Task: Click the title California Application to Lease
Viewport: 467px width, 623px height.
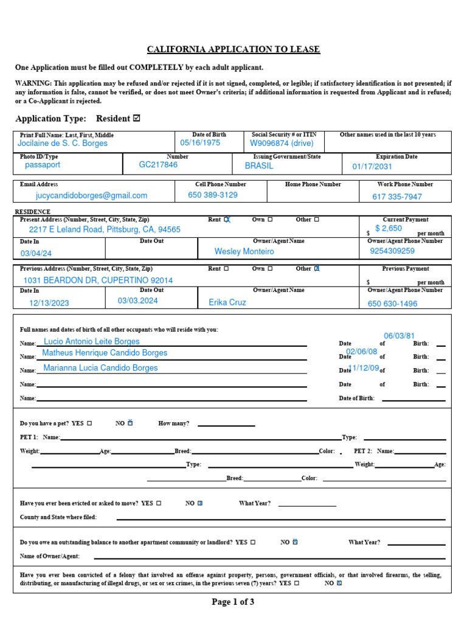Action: pos(233,49)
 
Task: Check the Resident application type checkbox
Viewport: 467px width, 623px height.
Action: pos(136,118)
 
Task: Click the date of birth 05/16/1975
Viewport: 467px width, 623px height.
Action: pos(200,143)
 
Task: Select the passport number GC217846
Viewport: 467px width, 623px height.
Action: pos(158,165)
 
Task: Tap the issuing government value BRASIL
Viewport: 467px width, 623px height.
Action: pos(259,165)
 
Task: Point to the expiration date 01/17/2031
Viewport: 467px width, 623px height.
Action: pos(372,167)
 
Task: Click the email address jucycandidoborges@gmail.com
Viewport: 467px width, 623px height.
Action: pos(91,195)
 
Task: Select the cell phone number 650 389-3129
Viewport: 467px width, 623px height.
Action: pos(213,195)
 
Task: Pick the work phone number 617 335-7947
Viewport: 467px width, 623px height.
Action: pos(396,197)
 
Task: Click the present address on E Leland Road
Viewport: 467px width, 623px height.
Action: pos(105,229)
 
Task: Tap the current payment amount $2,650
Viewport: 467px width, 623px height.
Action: pos(389,229)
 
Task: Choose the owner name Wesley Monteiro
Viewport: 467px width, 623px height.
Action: pos(244,251)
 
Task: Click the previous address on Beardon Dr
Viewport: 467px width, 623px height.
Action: pos(98,280)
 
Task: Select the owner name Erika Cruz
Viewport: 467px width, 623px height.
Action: pos(227,302)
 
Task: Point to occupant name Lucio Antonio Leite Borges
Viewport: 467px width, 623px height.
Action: pos(92,341)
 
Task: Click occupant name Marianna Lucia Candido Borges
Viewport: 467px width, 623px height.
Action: pos(100,367)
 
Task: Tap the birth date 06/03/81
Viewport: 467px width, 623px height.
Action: pos(399,336)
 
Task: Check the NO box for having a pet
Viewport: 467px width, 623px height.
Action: pos(130,423)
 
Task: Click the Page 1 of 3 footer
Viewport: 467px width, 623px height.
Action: pos(233,602)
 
